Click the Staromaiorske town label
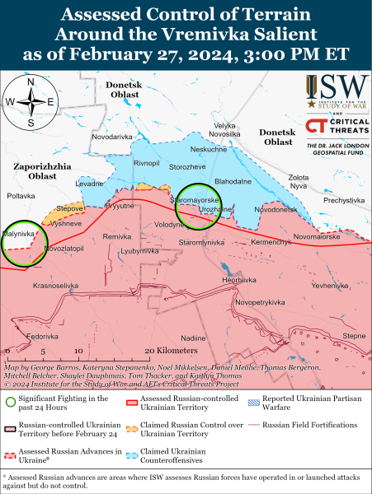pyautogui.click(x=171, y=200)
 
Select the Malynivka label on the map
pyautogui.click(x=18, y=234)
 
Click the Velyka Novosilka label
pyautogui.click(x=224, y=129)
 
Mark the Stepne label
pyautogui.click(x=354, y=336)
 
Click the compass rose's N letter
pyautogui.click(x=31, y=83)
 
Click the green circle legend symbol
pyautogui.click(x=11, y=403)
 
